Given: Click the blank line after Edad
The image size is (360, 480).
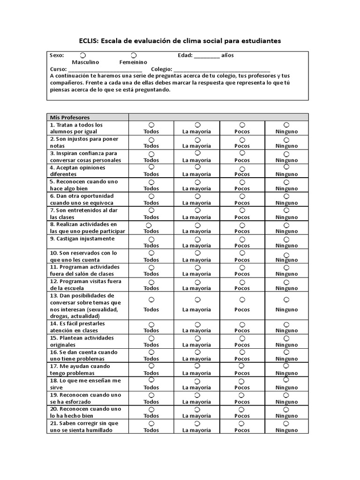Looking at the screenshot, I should [x=206, y=56].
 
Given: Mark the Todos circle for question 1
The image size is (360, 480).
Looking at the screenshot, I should [x=151, y=125].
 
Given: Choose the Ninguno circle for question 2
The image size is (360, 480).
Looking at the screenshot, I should [x=286, y=139].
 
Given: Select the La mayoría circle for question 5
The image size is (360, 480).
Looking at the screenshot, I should [x=197, y=182].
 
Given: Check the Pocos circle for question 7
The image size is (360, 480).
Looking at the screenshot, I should [x=242, y=210].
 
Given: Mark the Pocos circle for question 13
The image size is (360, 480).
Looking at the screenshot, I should [x=242, y=300].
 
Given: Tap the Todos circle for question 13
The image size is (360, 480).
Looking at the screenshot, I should [x=151, y=300].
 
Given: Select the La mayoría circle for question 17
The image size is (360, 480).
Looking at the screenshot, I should [x=197, y=366].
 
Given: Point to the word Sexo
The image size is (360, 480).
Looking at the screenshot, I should [x=57, y=55].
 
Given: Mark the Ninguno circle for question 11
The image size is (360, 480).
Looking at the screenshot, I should [x=286, y=268].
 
